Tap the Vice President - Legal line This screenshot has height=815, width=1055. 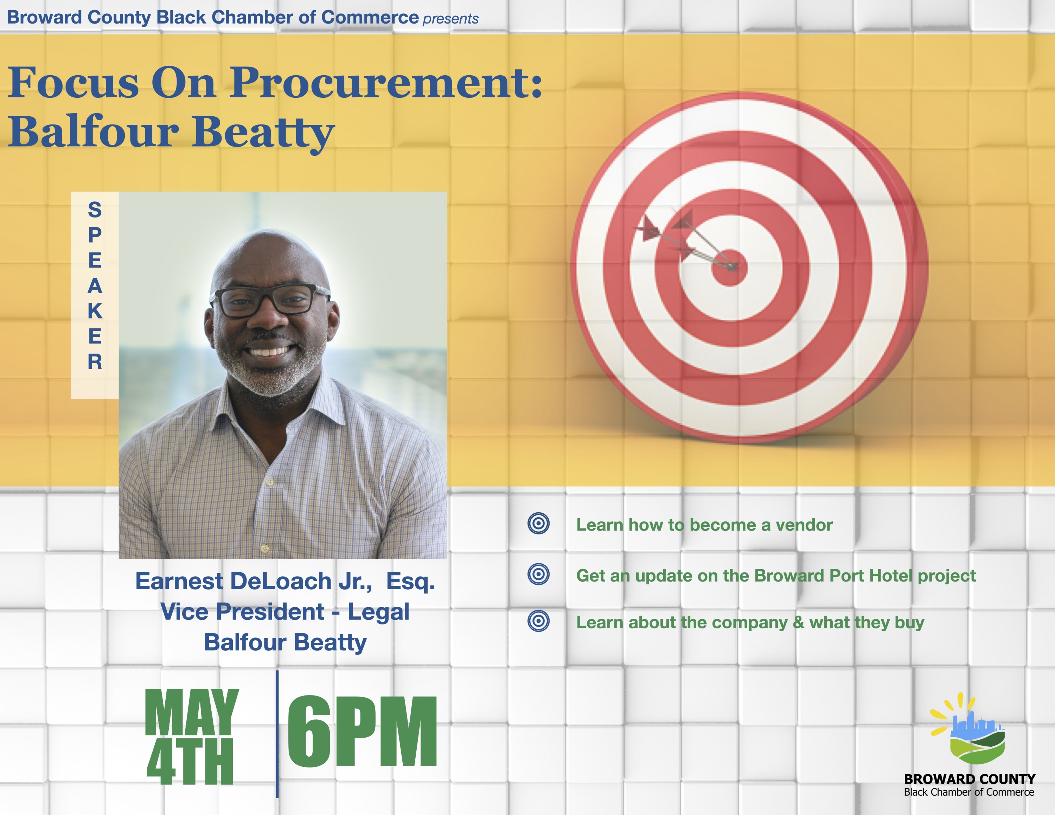[x=285, y=612]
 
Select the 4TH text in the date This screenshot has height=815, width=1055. [x=190, y=762]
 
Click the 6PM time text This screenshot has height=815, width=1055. [x=362, y=731]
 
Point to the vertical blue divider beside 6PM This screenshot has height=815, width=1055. [x=277, y=734]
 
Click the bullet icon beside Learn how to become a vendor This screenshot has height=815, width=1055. [x=539, y=524]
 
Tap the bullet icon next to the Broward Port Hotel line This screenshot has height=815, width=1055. [x=539, y=574]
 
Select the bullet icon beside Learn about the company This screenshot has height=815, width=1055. [x=539, y=621]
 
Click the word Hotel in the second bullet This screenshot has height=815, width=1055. [x=890, y=576]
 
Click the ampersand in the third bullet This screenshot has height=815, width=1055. [x=799, y=622]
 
